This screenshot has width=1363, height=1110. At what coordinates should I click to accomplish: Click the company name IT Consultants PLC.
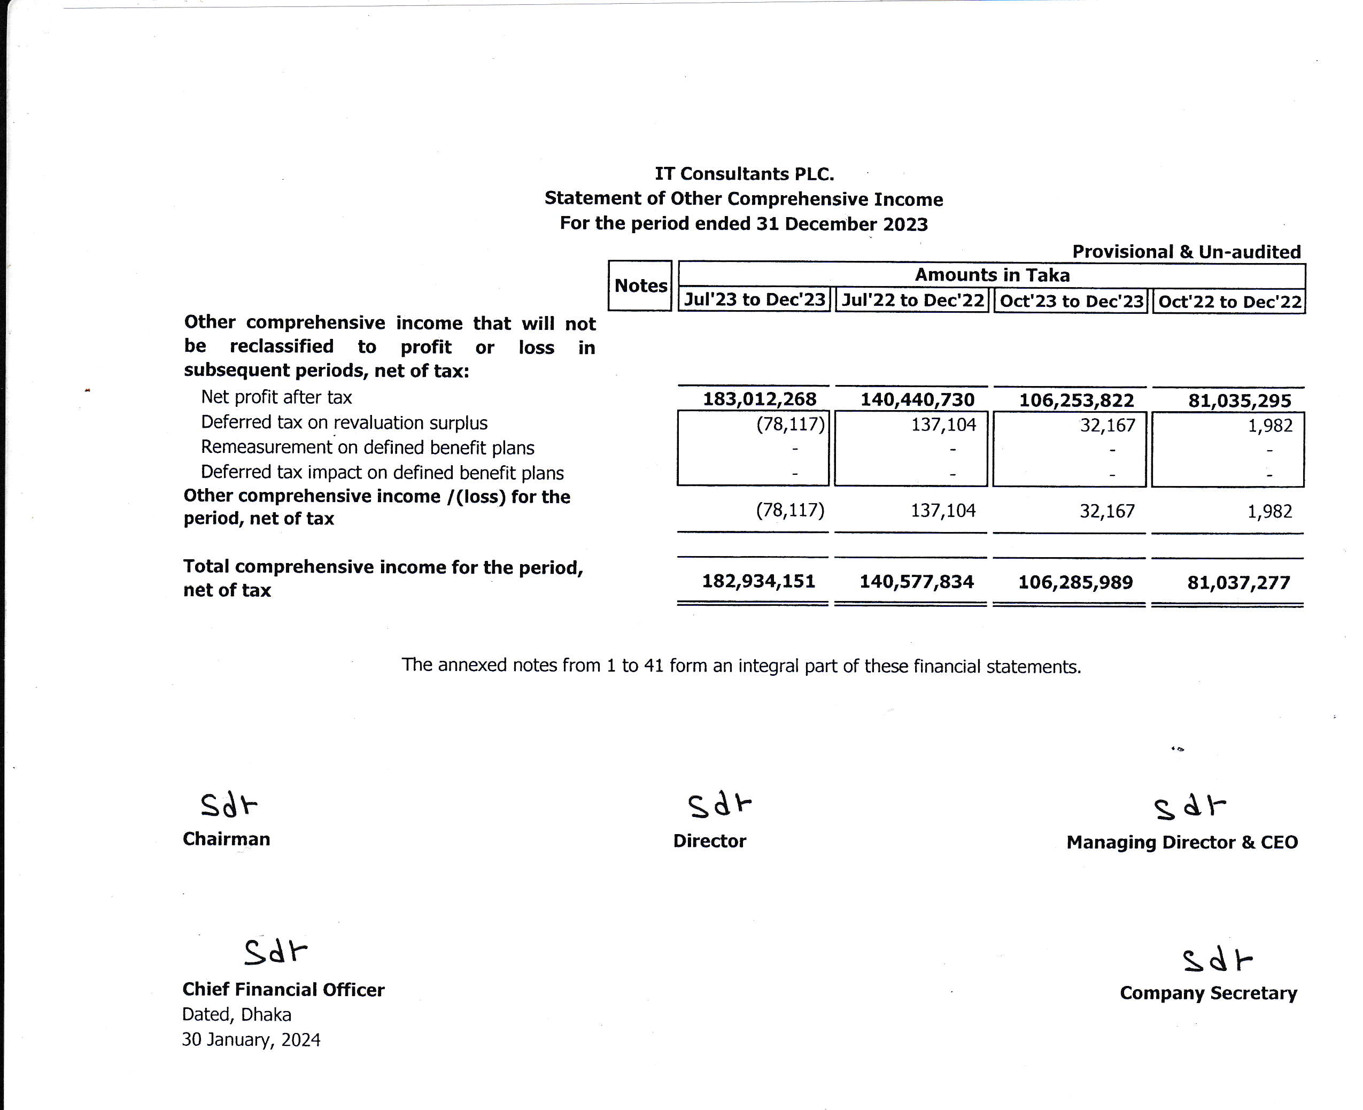744,174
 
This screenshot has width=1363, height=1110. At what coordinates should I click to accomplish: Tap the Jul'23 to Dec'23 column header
754,299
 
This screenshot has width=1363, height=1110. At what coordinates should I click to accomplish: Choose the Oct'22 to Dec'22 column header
1229,301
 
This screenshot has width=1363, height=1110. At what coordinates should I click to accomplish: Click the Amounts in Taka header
992,275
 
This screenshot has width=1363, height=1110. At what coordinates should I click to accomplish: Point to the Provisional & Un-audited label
1186,251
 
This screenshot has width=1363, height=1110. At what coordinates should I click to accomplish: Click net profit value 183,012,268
760,399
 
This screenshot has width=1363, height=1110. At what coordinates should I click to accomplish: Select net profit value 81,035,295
1240,401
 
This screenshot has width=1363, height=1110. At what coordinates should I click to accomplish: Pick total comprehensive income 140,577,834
916,582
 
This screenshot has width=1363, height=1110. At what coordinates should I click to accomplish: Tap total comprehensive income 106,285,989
1075,582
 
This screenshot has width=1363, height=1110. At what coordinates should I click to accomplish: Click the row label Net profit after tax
276,397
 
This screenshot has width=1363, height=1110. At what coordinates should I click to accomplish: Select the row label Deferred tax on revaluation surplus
344,422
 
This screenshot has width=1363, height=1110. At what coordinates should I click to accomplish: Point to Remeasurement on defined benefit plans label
368,448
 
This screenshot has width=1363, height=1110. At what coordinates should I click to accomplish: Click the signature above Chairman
228,805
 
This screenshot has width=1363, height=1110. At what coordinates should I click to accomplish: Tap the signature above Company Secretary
1217,960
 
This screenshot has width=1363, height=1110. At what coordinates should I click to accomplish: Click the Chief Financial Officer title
283,989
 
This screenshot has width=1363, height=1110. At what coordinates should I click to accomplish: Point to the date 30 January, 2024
251,1039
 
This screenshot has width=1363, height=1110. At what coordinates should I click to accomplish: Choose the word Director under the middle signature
710,841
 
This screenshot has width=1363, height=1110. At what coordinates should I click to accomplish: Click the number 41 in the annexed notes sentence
653,666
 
